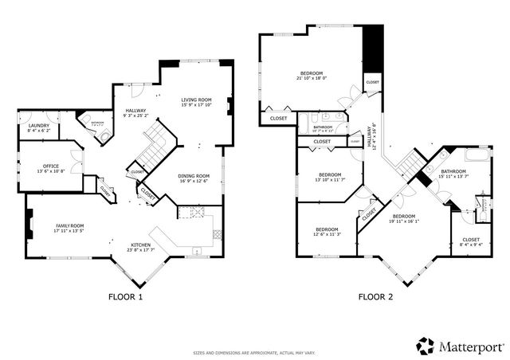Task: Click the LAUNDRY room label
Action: click(39, 127)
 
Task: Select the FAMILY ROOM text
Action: click(69, 226)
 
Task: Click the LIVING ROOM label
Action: click(196, 100)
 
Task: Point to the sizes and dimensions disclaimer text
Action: click(255, 351)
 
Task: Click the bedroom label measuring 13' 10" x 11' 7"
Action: click(330, 175)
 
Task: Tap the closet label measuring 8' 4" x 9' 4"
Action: click(471, 240)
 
